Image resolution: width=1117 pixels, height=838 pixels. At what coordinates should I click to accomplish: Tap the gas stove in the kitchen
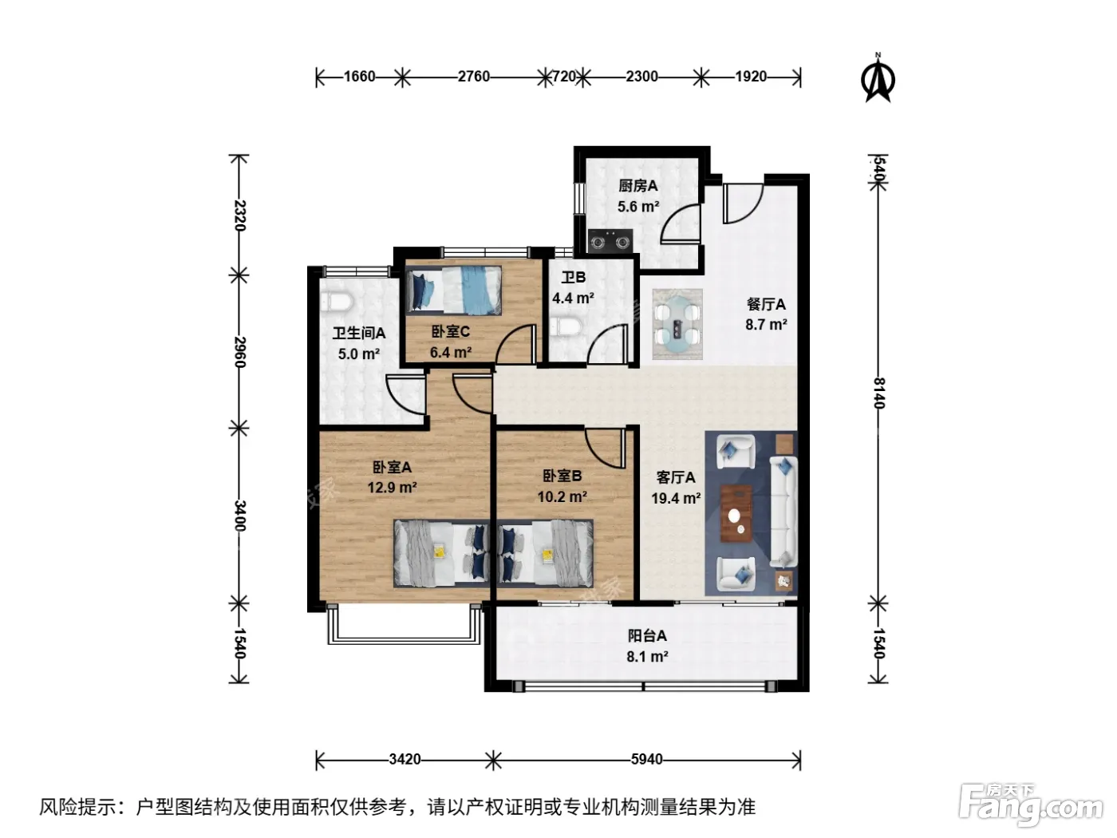pos(610,241)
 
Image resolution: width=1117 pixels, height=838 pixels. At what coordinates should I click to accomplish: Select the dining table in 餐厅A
pos(677,324)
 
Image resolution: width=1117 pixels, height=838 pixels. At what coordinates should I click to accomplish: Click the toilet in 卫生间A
pos(337,301)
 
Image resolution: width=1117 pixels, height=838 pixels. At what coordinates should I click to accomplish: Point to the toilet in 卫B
pos(566,326)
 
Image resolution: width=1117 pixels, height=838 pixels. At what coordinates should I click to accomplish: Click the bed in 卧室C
pos(453,290)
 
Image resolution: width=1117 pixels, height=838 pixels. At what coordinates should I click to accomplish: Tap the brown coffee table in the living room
pos(736,513)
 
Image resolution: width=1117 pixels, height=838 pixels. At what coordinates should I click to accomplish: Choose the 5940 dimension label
pos(646,760)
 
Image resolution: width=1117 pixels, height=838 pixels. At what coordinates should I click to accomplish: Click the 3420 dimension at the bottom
pos(405,760)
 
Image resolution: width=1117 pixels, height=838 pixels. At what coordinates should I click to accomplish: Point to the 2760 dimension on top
pos(473,77)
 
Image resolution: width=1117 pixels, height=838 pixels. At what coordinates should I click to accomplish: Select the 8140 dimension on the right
pos(879,393)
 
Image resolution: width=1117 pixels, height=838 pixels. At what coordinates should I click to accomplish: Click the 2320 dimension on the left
pos(239,215)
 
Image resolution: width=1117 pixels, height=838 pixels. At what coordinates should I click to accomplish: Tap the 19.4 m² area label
pos(676,498)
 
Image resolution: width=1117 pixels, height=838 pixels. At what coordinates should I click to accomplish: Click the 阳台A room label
pos(647,635)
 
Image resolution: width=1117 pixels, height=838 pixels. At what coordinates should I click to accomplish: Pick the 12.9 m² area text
pos(393,488)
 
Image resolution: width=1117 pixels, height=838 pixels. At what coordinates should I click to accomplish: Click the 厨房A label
pos(638,186)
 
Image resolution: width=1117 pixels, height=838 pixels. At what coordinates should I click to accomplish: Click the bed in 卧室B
pos(545,553)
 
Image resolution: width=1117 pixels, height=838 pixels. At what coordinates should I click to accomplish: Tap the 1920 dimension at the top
pos(751,77)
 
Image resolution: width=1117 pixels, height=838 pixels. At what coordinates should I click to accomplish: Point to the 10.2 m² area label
pos(562,496)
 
